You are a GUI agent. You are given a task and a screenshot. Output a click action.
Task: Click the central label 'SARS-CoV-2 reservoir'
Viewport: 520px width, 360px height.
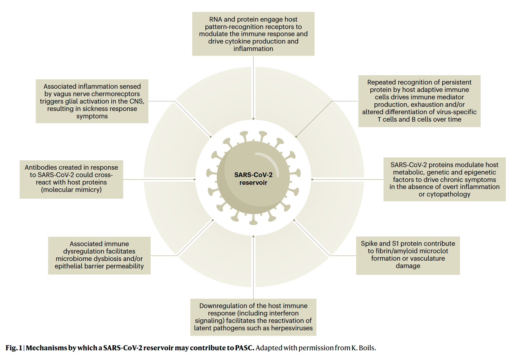tap(253, 179)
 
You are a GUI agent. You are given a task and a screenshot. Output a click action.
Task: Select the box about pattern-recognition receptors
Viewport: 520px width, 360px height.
tap(253, 34)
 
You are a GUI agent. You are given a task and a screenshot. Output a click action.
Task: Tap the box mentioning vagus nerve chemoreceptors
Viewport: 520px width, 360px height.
tap(92, 101)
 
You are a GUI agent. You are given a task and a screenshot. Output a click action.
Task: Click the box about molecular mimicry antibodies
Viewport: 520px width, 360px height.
tap(71, 179)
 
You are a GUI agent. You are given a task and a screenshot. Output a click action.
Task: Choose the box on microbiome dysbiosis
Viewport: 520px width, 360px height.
tap(99, 255)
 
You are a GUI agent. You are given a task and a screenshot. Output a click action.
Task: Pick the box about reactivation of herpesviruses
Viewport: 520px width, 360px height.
tap(253, 317)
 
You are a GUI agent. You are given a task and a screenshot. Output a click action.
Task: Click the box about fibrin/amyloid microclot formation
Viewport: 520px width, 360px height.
tap(408, 255)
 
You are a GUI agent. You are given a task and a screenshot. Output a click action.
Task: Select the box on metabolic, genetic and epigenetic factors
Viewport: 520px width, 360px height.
tap(444, 179)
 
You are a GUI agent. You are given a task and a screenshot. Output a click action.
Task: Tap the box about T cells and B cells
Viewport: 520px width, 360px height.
tap(419, 101)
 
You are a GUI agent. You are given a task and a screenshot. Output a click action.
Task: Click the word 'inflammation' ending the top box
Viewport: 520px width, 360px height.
tap(253, 49)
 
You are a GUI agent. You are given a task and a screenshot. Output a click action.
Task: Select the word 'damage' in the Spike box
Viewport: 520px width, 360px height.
tap(408, 266)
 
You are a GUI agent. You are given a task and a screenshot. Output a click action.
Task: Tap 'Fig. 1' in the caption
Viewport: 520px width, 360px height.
tap(14, 348)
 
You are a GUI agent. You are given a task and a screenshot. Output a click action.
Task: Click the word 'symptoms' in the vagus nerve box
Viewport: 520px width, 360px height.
tap(92, 116)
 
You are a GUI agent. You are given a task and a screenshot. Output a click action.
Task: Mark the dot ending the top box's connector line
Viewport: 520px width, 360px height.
tap(253, 119)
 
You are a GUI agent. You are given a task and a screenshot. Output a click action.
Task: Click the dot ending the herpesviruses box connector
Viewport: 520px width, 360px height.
tap(253, 236)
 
